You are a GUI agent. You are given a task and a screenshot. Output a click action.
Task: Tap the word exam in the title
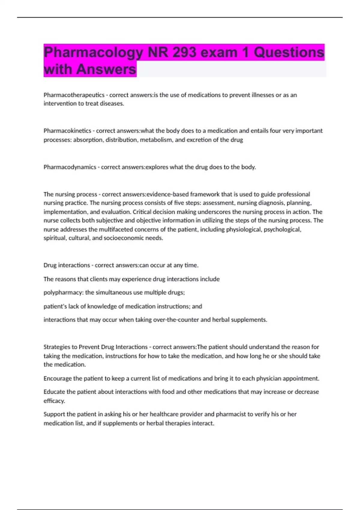pos(219,52)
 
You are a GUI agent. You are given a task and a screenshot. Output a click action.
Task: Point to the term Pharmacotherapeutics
pos(74,95)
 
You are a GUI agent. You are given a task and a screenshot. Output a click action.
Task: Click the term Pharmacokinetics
pos(67,131)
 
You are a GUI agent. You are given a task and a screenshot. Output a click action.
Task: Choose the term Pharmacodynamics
pos(70,167)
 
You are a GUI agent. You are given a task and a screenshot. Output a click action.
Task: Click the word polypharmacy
pos(63,292)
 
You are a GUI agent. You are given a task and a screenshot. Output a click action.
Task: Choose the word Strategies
pos(57,347)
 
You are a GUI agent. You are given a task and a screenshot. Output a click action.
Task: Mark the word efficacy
pos(54,401)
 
